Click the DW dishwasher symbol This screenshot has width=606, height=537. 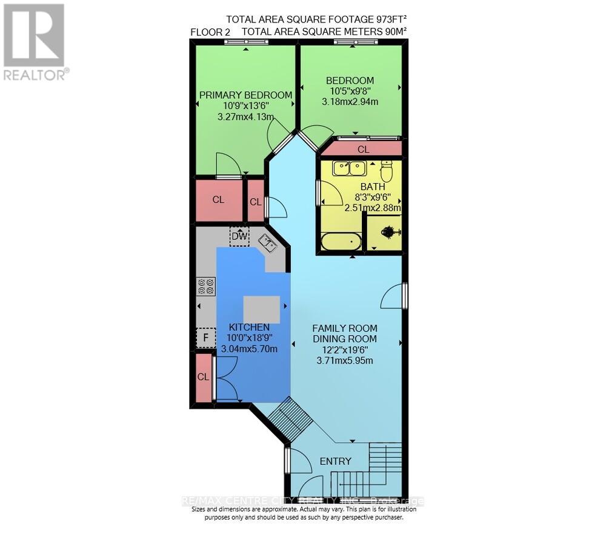click(x=239, y=236)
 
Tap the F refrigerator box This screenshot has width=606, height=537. click(x=205, y=338)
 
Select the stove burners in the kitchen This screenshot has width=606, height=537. click(x=206, y=285)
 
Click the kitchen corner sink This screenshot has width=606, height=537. click(x=268, y=244)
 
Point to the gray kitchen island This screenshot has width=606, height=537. click(x=262, y=309)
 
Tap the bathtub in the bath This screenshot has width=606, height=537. click(x=341, y=242)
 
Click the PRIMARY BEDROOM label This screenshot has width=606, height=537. click(x=245, y=95)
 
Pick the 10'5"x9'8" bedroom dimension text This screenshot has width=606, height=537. click(x=350, y=91)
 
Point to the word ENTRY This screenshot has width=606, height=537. click(x=335, y=461)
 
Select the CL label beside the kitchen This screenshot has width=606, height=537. click(x=203, y=376)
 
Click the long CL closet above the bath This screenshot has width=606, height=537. click(x=363, y=149)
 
